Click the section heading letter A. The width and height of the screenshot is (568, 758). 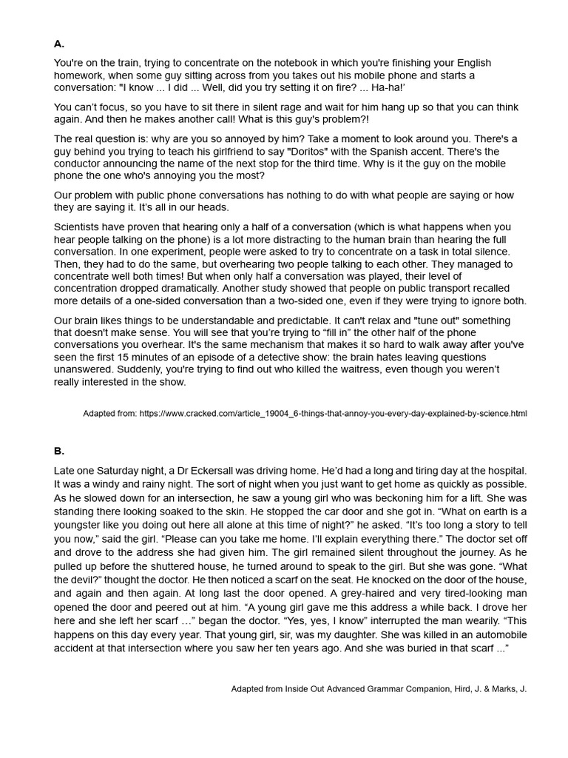point(59,44)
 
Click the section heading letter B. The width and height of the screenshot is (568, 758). point(59,450)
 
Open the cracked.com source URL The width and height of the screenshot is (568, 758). point(332,413)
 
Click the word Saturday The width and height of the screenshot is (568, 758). point(119,470)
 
